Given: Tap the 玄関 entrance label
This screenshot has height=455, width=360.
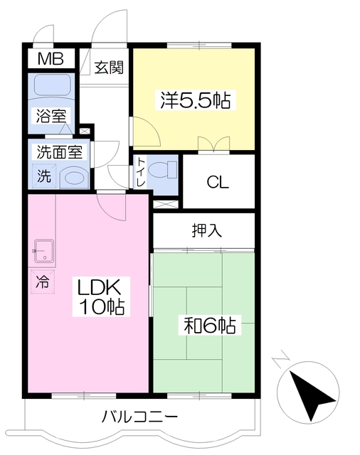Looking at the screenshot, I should [110, 68].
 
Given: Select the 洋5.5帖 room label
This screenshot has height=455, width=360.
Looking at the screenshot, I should [194, 101].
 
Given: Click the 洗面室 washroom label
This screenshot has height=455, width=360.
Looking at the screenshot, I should [60, 151].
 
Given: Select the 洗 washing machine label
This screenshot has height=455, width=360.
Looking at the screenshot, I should [43, 175].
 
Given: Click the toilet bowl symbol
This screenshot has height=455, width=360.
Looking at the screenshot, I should [166, 170].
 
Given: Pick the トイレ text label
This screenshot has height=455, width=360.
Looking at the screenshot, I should [141, 173].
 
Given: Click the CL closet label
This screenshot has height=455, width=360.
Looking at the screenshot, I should [218, 182].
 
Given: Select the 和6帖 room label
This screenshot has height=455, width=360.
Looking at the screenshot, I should [210, 326].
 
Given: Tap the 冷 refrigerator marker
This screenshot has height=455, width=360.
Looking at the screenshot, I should [43, 281].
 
